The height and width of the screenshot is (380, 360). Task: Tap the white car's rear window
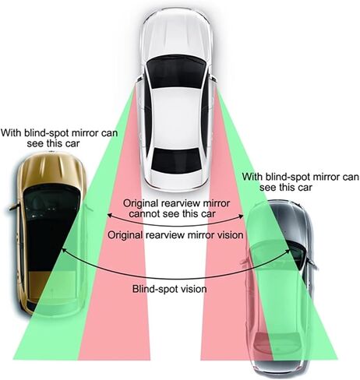point(176,160)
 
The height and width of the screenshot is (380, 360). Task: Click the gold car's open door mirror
point(14,207)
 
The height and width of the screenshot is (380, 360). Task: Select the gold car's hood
point(52,169)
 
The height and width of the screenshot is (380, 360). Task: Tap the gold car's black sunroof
point(51,228)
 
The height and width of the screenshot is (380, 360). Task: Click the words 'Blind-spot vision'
point(170,289)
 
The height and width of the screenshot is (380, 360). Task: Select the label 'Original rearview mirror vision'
point(175,235)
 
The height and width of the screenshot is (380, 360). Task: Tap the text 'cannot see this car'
point(172,214)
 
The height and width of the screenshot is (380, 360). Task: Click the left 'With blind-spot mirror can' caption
point(59,133)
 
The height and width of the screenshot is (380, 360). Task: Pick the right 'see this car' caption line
point(286,187)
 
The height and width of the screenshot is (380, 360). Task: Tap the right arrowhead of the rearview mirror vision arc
point(242,215)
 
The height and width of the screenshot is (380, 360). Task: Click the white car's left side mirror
point(139,78)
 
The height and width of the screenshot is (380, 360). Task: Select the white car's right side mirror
point(213,78)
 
